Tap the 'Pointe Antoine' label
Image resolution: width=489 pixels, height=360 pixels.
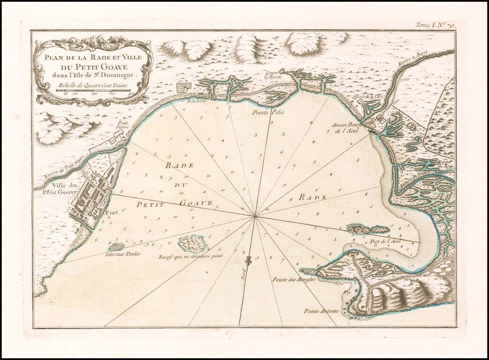click(321, 311)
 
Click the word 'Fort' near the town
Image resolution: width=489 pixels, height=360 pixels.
click(112, 212)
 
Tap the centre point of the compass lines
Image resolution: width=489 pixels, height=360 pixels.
click(255, 216)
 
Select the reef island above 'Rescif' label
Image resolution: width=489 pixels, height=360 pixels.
click(193, 243)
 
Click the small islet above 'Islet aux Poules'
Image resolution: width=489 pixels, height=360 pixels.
click(115, 246)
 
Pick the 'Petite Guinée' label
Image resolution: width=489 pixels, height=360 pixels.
click(123, 125)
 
